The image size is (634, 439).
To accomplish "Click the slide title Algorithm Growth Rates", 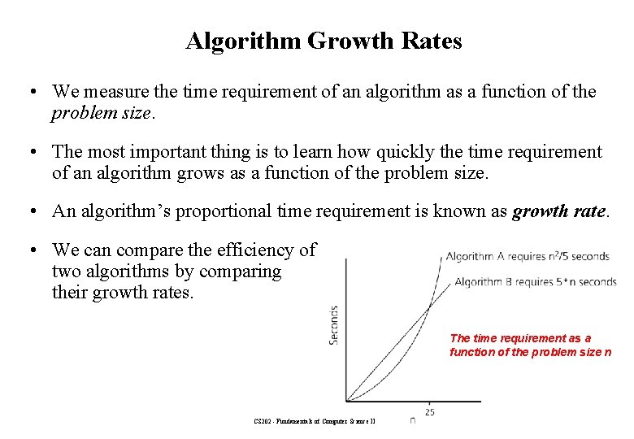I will click(324, 41).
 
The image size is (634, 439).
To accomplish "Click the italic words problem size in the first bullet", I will click(101, 113).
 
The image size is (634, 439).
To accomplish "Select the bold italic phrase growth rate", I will click(558, 211).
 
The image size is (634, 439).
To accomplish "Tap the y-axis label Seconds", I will click(334, 324).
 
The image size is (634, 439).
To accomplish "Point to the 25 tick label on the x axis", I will click(429, 412).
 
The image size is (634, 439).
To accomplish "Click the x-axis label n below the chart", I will click(412, 420).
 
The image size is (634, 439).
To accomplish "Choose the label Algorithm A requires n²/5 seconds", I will click(527, 257).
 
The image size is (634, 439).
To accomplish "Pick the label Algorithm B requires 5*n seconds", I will click(535, 282).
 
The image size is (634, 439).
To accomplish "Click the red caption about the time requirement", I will click(530, 345).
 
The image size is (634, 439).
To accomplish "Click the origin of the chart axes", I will click(346, 401).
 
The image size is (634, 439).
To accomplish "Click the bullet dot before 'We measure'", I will click(28, 92).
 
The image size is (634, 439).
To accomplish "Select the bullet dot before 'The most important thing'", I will click(28, 152).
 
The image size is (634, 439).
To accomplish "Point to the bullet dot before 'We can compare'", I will click(28, 250).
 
